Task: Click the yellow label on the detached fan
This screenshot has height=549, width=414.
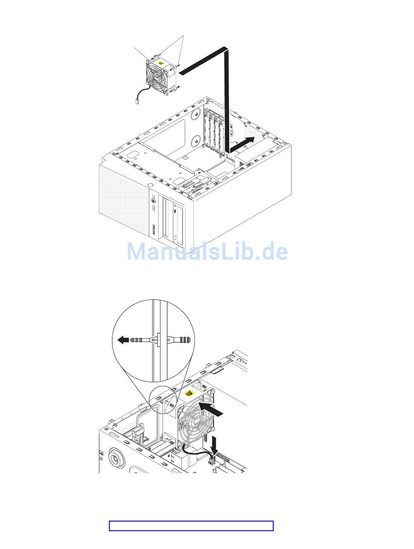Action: (x=162, y=63)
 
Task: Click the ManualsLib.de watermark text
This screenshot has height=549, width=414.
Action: (x=207, y=252)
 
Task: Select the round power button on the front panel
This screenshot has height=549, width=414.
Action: (x=154, y=201)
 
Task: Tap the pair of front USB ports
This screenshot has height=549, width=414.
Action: (x=154, y=229)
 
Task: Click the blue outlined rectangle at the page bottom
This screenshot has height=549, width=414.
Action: (x=191, y=526)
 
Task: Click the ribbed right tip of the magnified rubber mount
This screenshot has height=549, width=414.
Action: (x=186, y=339)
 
